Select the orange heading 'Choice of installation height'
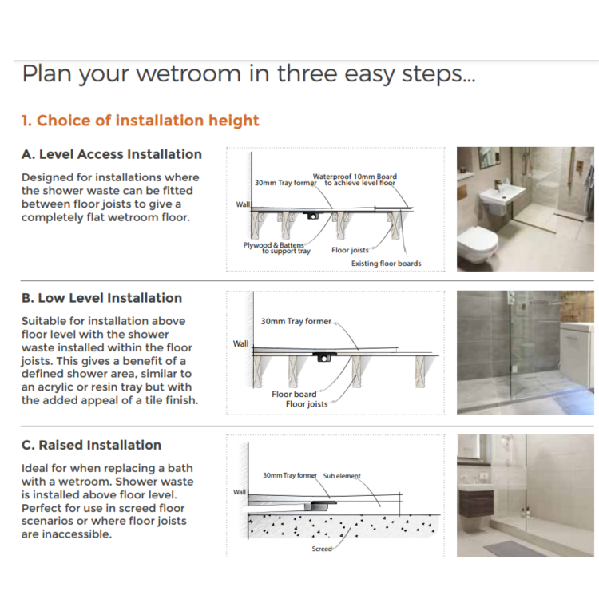pos(140,121)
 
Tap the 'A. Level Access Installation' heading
pos(112,154)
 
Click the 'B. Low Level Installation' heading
pos(101,298)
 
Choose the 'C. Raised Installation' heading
pos(91,445)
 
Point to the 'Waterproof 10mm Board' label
pos(355,177)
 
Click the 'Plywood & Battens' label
pos(274,245)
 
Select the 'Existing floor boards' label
pos(386,264)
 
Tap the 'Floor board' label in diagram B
pos(294,394)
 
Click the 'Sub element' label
pos(342,476)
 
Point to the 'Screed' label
pos(322,549)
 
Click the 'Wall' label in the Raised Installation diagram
pos(240,492)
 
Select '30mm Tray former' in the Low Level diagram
pos(296,321)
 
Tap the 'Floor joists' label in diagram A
pos(350,250)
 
